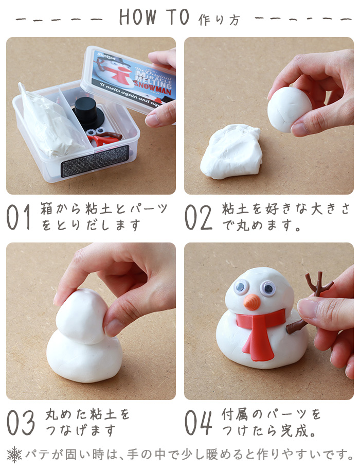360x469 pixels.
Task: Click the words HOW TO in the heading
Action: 154,18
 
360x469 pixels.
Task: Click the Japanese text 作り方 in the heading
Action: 219,20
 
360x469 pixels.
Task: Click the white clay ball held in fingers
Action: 289,109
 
